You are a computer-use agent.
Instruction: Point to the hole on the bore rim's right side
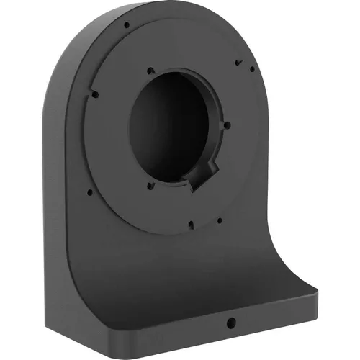pyautogui.click(x=227, y=125)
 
